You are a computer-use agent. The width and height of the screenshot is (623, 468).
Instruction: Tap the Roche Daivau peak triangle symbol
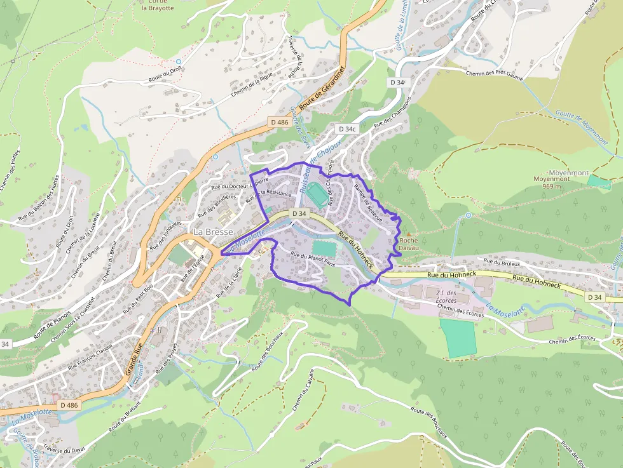[x=409, y=234]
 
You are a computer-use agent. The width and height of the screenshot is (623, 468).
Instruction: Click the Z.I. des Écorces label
[x=442, y=296]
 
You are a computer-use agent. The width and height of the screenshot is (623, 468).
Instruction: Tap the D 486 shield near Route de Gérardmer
[x=279, y=122]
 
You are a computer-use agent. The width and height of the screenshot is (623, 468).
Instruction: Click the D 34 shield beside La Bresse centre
[x=298, y=213]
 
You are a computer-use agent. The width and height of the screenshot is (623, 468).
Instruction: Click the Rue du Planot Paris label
[x=313, y=260]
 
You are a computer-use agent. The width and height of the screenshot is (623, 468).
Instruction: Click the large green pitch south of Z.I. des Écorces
[x=458, y=338]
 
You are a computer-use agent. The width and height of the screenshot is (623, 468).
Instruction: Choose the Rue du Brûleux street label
[x=502, y=262]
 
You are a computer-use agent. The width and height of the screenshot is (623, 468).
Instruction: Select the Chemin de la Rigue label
[x=254, y=87]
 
